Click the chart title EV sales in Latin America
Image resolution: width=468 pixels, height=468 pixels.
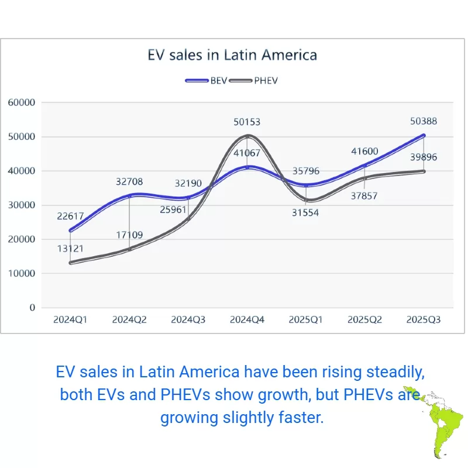[232, 56]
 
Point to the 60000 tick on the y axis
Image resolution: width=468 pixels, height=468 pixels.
[22, 103]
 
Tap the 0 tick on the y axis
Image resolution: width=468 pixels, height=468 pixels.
[32, 308]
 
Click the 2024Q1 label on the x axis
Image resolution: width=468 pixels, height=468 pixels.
[70, 320]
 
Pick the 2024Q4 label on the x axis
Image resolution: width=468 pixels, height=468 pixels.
[247, 320]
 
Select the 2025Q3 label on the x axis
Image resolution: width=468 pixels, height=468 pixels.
[423, 320]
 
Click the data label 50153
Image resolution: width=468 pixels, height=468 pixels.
[246, 122]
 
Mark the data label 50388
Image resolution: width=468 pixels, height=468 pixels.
[423, 122]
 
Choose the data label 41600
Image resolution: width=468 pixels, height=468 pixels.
[364, 151]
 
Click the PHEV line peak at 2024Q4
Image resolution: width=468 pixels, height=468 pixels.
[247, 136]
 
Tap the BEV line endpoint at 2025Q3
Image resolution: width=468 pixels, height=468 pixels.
[423, 136]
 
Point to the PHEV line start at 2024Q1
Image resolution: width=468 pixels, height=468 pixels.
[70, 263]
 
